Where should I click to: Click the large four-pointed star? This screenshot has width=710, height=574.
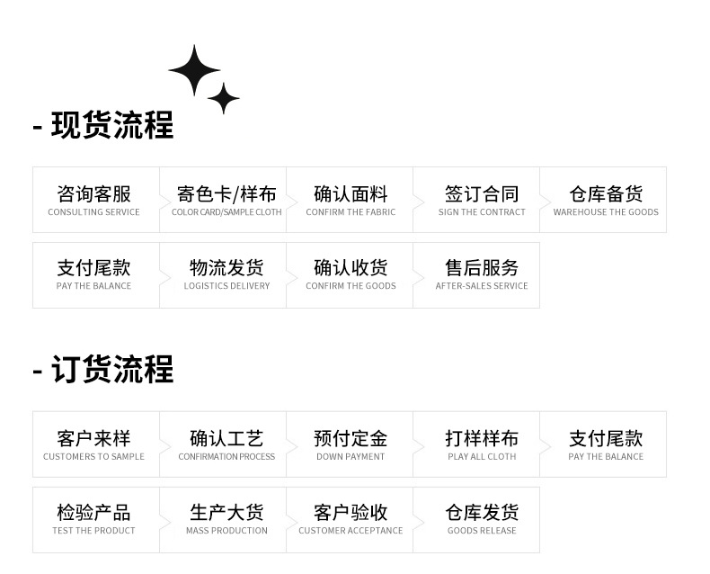click(194, 69)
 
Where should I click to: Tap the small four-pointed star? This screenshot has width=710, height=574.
click(223, 97)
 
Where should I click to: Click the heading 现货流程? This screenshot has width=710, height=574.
click(111, 125)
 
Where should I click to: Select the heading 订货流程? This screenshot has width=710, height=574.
click(111, 370)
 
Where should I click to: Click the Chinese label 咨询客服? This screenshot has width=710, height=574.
click(93, 193)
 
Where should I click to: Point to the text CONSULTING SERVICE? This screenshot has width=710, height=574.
click(93, 212)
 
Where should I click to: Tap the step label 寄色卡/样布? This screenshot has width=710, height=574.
click(226, 193)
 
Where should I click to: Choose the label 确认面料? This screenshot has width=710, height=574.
click(351, 193)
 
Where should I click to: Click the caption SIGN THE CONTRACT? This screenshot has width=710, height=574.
click(482, 212)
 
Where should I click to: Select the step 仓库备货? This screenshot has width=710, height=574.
click(606, 193)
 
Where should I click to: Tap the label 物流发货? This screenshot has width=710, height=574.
click(226, 267)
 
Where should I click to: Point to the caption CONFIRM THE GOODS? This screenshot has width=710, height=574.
click(351, 286)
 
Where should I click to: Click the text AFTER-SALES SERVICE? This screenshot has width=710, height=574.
click(482, 286)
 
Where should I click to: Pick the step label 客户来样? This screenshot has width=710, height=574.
click(93, 438)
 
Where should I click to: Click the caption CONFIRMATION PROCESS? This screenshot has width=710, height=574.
click(226, 457)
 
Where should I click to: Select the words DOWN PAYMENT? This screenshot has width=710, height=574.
click(351, 457)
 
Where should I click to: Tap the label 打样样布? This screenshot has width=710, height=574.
click(482, 438)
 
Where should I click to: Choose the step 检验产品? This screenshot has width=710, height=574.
click(93, 512)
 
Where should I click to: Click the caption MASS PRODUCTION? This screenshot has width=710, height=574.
click(226, 531)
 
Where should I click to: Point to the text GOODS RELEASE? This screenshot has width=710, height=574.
click(482, 531)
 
